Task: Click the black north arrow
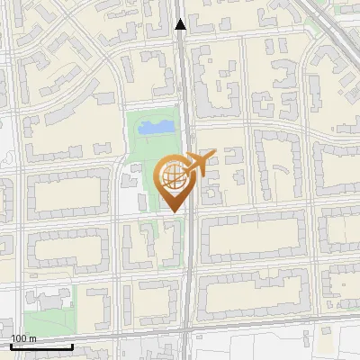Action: coord(181,24)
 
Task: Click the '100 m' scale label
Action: coord(23,338)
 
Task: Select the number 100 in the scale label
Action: coord(19,338)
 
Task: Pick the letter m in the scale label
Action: coord(32,338)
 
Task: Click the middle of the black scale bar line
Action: coord(40,346)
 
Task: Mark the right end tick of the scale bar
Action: coord(72,345)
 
